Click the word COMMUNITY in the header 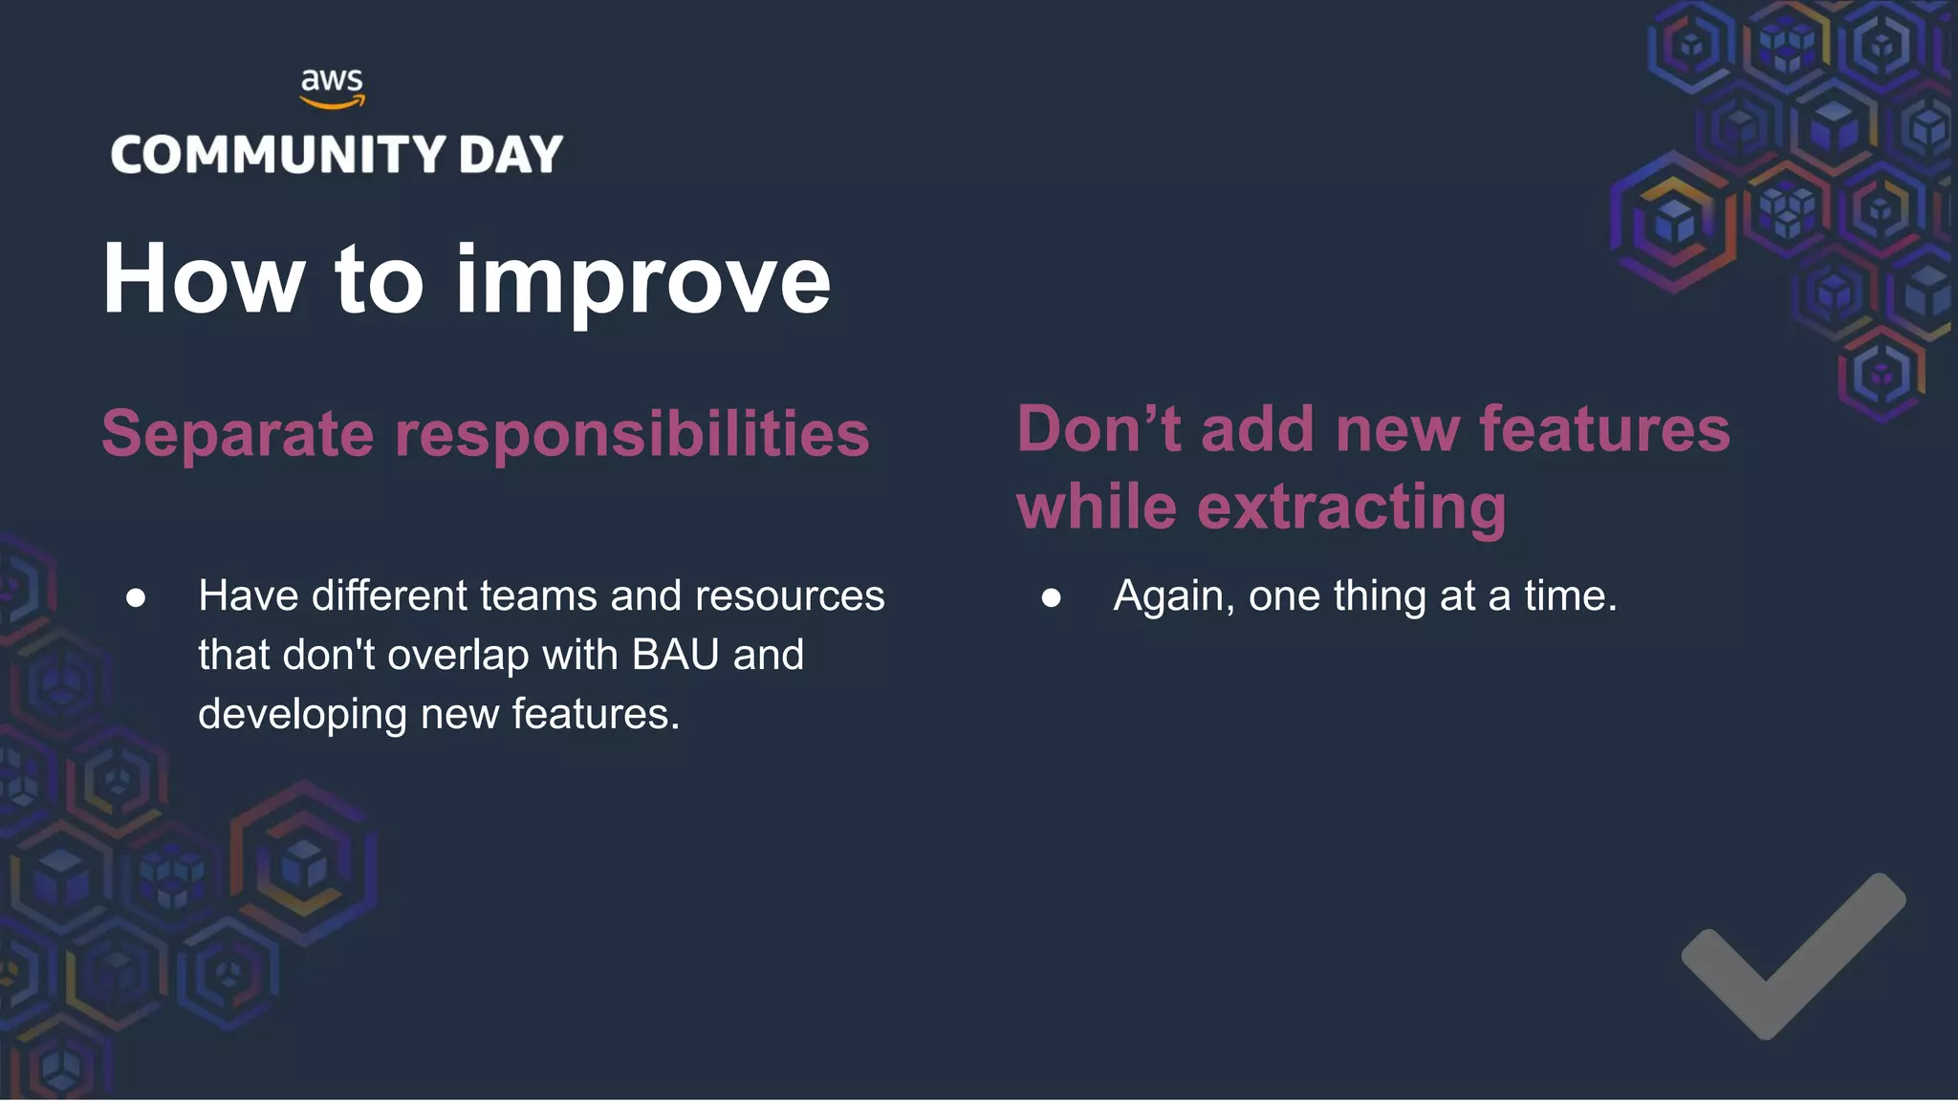click(x=278, y=155)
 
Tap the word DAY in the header click(x=511, y=155)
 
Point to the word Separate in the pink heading click(x=237, y=435)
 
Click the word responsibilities click(x=632, y=435)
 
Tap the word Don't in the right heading click(x=1098, y=429)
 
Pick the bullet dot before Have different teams click(x=136, y=598)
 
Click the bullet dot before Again click(x=1051, y=598)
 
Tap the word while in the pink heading click(x=1096, y=507)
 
